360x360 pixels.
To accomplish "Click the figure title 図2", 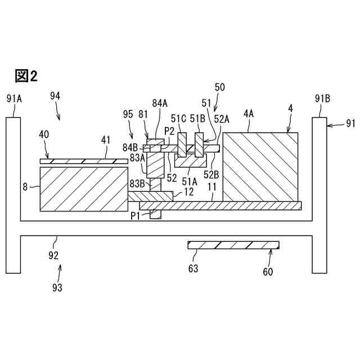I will (x=26, y=76).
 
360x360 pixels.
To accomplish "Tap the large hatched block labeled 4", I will (x=260, y=166).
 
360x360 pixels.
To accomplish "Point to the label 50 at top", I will (x=220, y=87).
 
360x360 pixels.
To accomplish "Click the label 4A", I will (x=249, y=113).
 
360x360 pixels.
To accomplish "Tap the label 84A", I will (x=160, y=104).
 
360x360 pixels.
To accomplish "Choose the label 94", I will (x=55, y=96).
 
